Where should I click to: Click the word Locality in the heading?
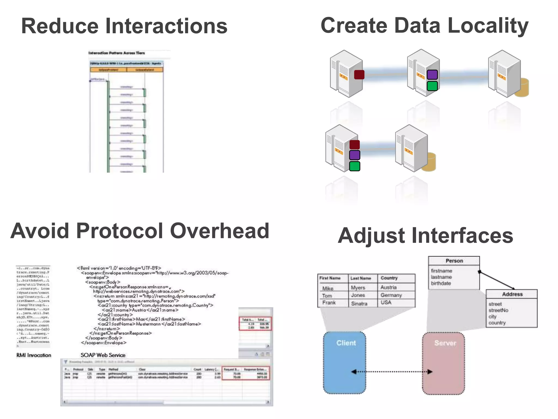(x=488, y=26)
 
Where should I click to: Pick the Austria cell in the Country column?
(x=389, y=287)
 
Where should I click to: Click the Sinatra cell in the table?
(x=359, y=303)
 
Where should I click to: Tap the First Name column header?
(x=330, y=278)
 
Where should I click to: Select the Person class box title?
(x=454, y=261)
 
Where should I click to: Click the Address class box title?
(x=512, y=294)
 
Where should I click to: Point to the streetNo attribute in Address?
(x=498, y=310)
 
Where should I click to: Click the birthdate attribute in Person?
(x=441, y=283)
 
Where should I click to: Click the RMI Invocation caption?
(x=34, y=355)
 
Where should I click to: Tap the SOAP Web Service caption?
(x=103, y=355)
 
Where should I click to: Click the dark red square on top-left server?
(x=359, y=74)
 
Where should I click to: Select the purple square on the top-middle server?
(x=432, y=74)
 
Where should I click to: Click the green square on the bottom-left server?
(x=354, y=166)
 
